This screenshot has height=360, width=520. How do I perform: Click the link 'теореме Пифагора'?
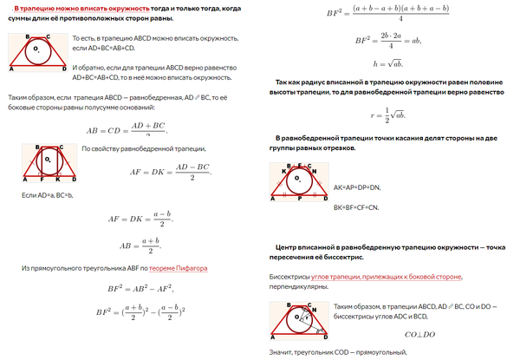[x=179, y=269]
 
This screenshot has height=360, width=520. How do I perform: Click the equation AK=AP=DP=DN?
[x=357, y=187]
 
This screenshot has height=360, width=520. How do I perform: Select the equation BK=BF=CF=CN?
[x=356, y=208]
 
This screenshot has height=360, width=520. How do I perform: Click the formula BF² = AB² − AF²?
[x=135, y=289]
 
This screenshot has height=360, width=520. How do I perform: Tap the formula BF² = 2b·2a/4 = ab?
[x=387, y=40]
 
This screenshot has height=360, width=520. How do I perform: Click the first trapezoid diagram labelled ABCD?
[x=35, y=53]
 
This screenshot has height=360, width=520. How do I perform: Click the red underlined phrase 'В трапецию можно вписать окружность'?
[x=68, y=9]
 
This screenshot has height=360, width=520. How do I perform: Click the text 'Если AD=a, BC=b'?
[x=47, y=196]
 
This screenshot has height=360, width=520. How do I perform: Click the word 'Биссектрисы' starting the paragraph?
[x=283, y=277]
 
